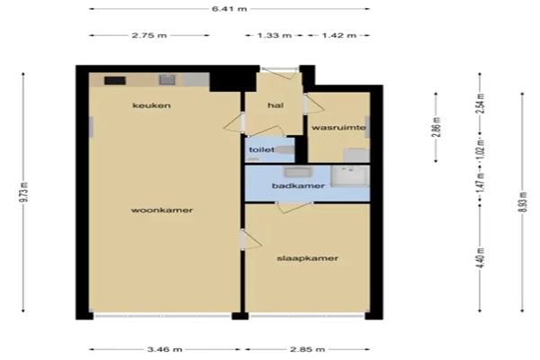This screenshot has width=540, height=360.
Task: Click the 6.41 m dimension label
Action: pyautogui.click(x=229, y=9)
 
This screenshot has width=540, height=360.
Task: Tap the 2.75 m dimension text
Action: pyautogui.click(x=149, y=35)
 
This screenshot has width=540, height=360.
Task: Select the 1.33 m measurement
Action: pyautogui.click(x=274, y=35)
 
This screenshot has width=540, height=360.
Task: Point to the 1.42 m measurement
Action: pyautogui.click(x=339, y=35)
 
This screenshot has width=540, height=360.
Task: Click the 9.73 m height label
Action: pyautogui.click(x=23, y=192)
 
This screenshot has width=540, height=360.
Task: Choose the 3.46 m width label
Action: pyautogui.click(x=165, y=349)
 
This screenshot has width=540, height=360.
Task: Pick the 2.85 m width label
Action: pyautogui.click(x=307, y=349)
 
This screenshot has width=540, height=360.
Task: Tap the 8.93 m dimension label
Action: pyautogui.click(x=522, y=202)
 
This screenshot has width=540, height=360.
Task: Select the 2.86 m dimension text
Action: pyautogui.click(x=436, y=127)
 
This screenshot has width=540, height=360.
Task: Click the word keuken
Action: pyautogui.click(x=151, y=105)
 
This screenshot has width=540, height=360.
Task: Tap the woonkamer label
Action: pyautogui.click(x=162, y=210)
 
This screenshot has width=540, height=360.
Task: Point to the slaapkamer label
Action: pyautogui.click(x=308, y=258)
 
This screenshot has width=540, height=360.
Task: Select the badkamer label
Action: pyautogui.click(x=298, y=186)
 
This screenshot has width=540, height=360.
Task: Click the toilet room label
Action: pyautogui.click(x=262, y=150)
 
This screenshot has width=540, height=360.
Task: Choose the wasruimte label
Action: pyautogui.click(x=338, y=128)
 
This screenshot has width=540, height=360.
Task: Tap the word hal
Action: pyautogui.click(x=275, y=105)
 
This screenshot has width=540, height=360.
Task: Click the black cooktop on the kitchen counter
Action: pyautogui.click(x=115, y=81)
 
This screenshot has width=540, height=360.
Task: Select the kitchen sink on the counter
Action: pyautogui.click(x=167, y=80)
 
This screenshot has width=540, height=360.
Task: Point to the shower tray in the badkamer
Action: pyautogui.click(x=350, y=176)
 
